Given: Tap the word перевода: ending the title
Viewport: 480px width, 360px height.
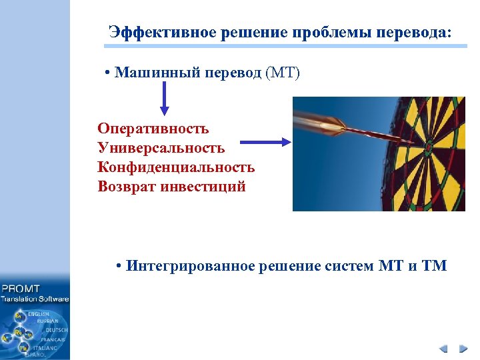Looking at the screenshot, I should pos(413,31).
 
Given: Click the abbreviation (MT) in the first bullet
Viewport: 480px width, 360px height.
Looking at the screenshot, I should pos(283,72).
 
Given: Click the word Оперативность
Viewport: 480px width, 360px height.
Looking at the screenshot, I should pos(153,128).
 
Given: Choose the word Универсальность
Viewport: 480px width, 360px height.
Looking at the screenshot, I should pos(161,147).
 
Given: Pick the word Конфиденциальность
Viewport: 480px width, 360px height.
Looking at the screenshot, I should pos(176,167).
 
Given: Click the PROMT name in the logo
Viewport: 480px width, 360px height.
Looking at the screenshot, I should pos(21,289).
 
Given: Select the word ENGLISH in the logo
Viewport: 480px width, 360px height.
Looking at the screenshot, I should pos(39,313).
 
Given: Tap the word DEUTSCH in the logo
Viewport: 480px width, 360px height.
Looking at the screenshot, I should pos(57,329).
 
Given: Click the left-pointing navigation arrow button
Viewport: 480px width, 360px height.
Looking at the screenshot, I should pos(444,349).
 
